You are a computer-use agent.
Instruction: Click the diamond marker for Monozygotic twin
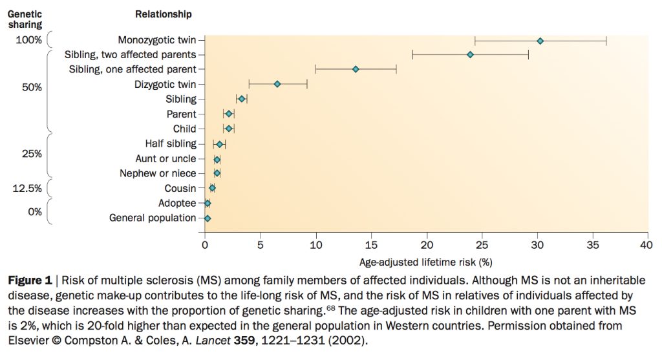tap(540, 41)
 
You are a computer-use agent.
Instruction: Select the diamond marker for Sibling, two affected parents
tap(470, 55)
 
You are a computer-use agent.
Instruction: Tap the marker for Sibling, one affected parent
tap(355, 69)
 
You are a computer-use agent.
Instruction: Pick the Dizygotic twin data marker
tap(277, 84)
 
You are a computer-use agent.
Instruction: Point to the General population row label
tap(153, 218)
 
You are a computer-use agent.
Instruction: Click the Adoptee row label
tap(176, 203)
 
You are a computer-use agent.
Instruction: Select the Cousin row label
tap(180, 189)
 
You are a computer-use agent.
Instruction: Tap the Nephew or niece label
tap(158, 173)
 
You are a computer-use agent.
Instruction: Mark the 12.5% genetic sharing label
tap(28, 188)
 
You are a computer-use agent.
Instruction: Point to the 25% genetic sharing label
tap(31, 154)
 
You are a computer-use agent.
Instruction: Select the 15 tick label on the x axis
tap(371, 246)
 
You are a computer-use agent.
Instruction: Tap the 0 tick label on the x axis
tap(205, 246)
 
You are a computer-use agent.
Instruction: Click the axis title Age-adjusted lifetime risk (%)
tap(425, 262)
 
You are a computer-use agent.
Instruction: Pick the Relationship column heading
tap(164, 14)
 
